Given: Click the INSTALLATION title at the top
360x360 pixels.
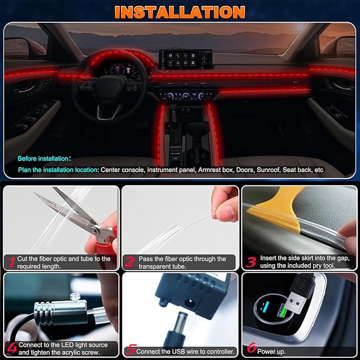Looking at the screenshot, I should pyautogui.click(x=180, y=12).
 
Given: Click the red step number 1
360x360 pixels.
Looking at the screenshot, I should pyautogui.click(x=10, y=261).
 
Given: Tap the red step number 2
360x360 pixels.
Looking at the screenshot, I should pyautogui.click(x=129, y=261).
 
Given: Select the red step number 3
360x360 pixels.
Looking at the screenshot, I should pyautogui.click(x=251, y=261).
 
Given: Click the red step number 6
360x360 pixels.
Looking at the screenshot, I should pyautogui.click(x=251, y=349).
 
